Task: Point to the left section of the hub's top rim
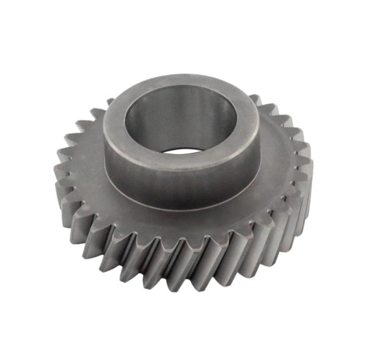117,118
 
